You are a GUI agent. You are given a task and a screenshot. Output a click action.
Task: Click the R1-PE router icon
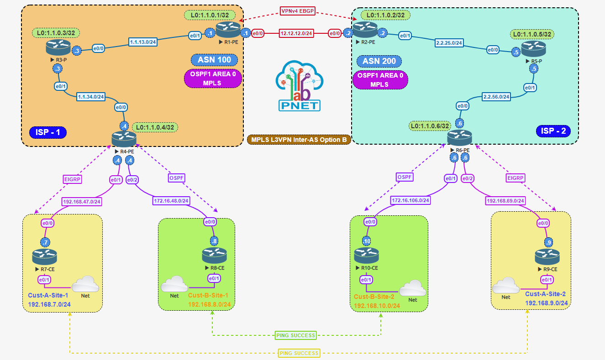pos(228,30)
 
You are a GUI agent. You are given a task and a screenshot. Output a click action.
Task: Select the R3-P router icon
pos(57,47)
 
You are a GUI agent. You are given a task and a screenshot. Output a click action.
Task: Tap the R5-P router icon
pos(533,48)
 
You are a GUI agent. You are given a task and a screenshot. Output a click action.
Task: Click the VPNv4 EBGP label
pos(298,11)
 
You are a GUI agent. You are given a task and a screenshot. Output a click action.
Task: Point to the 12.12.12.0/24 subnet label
pos(296,33)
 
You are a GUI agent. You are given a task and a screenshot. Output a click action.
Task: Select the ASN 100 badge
pos(215,60)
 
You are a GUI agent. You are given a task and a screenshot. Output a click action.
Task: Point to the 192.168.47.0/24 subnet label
pos(82,201)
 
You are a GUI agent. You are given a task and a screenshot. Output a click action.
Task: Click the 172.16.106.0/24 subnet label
pos(410,200)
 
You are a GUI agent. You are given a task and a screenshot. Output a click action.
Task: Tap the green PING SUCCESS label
pos(296,335)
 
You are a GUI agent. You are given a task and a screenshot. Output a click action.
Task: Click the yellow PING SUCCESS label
pos(299,353)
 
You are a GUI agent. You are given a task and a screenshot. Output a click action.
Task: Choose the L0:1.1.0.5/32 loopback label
pos(532,34)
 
